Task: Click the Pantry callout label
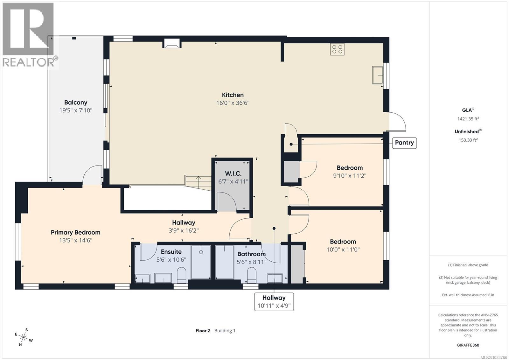coord(404,143)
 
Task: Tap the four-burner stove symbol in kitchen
coord(337,49)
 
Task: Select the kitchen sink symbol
coord(378,75)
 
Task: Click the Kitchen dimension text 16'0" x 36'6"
coord(233,103)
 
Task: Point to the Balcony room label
coord(75,102)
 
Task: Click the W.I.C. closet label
coord(233,173)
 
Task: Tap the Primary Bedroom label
coord(75,232)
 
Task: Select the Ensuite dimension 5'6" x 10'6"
coord(171,260)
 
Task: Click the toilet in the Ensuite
coord(181,275)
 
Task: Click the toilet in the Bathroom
coord(252,275)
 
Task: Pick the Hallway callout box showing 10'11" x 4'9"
coord(274,302)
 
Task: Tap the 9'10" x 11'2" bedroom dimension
coord(350,176)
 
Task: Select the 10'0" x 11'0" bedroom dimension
coord(343,250)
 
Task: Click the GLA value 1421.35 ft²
coord(468,119)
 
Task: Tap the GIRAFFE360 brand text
coord(468,345)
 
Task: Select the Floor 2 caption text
coord(203,330)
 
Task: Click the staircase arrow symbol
coord(198,182)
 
